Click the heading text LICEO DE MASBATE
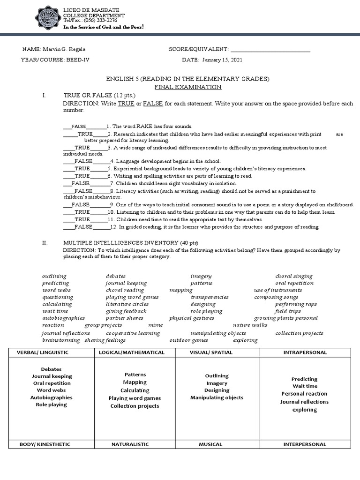(91, 10)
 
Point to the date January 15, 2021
(222, 60)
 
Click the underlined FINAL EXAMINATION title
(188, 87)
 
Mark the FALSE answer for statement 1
(79, 127)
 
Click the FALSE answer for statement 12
(83, 227)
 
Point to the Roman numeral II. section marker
(45, 243)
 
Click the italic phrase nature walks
(250, 325)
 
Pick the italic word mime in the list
(155, 325)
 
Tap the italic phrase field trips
(288, 311)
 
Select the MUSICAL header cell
(210, 444)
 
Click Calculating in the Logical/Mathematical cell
(135, 390)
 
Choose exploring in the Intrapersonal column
(304, 410)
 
